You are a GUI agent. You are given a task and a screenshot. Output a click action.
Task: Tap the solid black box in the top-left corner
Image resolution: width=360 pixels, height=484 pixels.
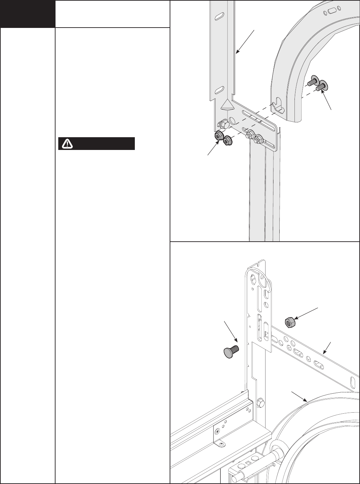click(x=28, y=14)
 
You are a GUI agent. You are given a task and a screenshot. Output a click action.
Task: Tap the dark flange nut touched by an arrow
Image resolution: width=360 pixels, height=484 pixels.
click(x=218, y=136)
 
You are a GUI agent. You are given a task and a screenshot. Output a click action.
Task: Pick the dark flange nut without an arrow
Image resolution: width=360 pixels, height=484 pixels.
click(x=227, y=140)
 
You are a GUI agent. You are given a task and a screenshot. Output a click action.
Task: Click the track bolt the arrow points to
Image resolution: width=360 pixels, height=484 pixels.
click(x=322, y=85)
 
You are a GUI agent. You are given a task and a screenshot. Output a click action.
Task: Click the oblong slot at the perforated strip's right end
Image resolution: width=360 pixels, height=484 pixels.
click(x=352, y=382)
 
